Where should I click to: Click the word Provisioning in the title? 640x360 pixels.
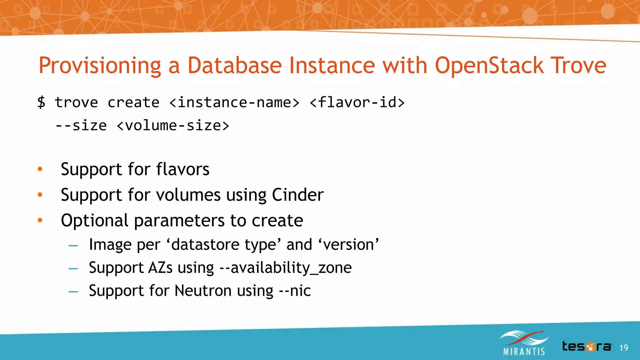tap(100, 66)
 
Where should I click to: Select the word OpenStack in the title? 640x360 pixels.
tap(489, 66)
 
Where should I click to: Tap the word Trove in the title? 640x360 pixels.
tap(578, 66)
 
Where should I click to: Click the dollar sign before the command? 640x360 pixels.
tap(41, 102)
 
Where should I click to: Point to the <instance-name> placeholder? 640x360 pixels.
tap(234, 102)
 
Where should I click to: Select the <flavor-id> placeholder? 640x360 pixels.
tap(357, 102)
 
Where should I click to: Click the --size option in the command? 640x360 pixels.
tap(81, 126)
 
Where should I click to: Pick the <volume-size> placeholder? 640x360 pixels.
tap(173, 126)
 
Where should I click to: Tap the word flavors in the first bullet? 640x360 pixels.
tap(182, 169)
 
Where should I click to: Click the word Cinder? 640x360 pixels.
tap(297, 195)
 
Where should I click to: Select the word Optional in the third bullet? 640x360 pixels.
tap(94, 221)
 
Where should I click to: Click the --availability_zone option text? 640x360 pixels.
tap(286, 268)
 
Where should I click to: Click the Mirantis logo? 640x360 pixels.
tap(524, 343)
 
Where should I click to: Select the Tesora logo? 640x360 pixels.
tap(587, 347)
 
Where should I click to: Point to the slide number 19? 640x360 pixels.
tap(624, 348)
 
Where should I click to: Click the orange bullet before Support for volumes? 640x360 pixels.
tap(40, 195)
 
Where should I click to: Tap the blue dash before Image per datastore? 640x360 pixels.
tap(73, 246)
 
